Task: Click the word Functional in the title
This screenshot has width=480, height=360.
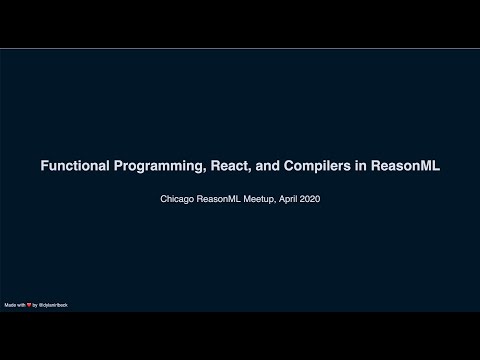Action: [72, 167]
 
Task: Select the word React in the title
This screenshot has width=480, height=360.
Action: [228, 167]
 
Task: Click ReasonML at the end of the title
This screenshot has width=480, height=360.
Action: [406, 167]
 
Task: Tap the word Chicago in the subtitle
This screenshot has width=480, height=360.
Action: [178, 199]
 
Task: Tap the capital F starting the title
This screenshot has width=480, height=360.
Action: [43, 167]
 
